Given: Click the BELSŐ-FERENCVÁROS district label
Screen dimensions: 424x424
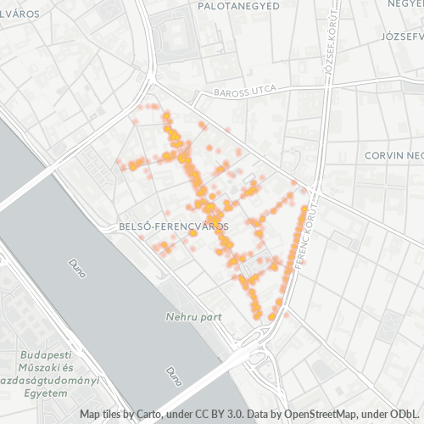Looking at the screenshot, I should [x=170, y=227].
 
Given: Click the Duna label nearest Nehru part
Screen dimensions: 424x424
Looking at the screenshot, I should [x=172, y=374].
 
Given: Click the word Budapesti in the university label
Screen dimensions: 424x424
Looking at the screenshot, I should [x=46, y=354].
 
